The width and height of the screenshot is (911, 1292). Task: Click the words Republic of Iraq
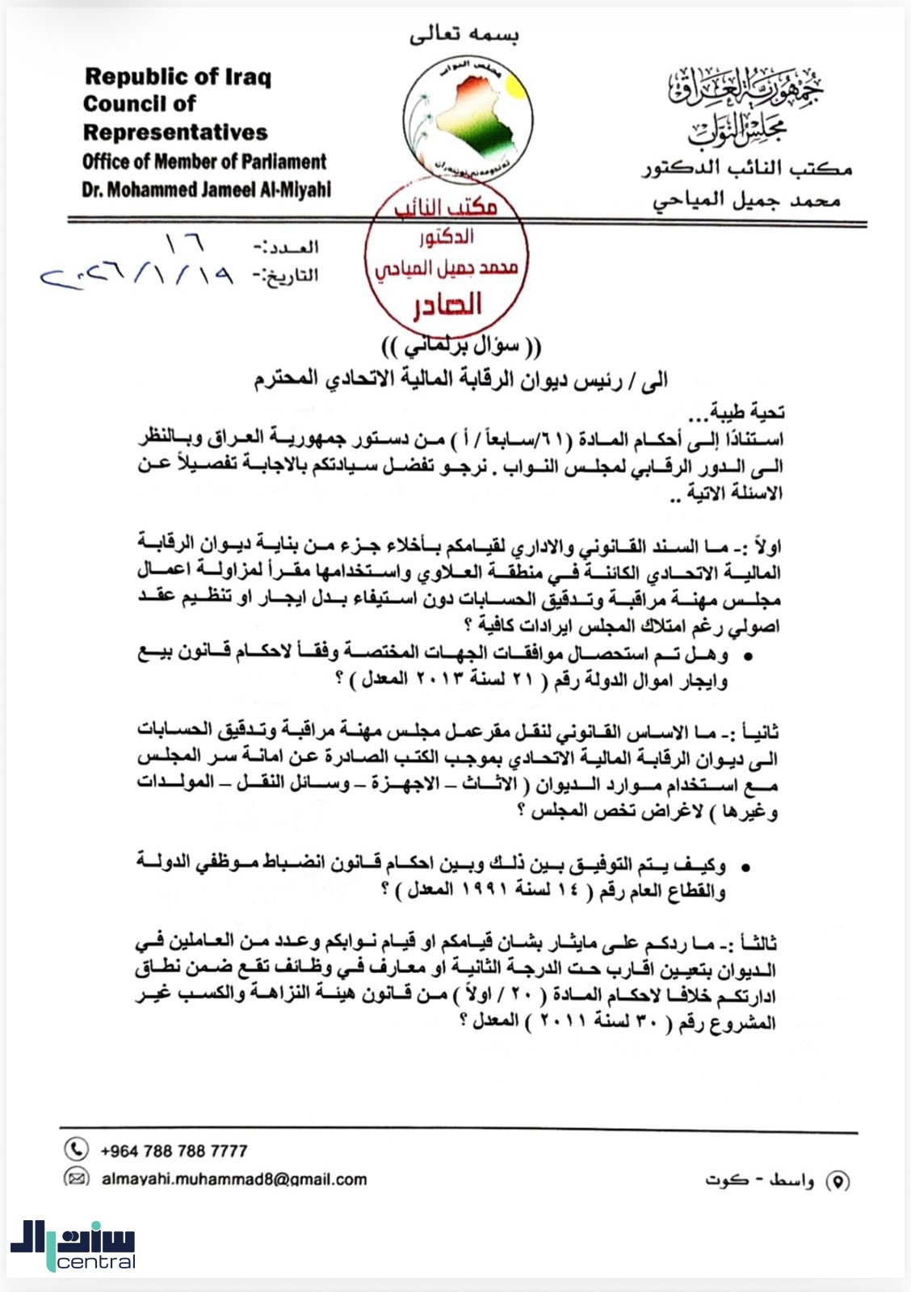click(x=178, y=77)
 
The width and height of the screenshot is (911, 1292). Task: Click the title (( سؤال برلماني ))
click(x=461, y=346)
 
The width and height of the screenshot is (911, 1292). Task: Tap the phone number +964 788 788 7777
click(x=174, y=1150)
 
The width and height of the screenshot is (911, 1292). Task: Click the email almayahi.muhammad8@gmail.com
click(x=234, y=1179)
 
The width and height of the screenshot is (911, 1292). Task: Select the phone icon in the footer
click(x=76, y=1148)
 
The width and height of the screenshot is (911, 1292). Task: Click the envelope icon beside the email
click(x=76, y=1178)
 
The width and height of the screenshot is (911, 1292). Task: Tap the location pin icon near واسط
click(x=838, y=1181)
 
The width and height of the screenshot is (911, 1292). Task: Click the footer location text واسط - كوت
click(x=759, y=1181)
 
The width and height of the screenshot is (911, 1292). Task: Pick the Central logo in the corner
click(x=73, y=1244)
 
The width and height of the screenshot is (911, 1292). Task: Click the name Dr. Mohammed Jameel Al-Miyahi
click(x=206, y=190)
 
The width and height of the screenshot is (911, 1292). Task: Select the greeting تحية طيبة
click(x=747, y=413)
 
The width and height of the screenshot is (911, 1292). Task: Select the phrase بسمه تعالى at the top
click(x=464, y=34)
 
